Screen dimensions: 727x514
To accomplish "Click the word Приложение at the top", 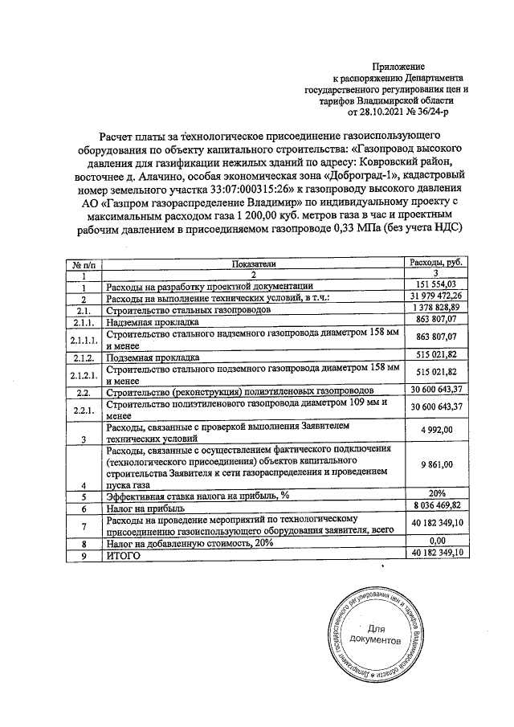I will pos(398,65).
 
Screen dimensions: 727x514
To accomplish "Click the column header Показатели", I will pos(253,263).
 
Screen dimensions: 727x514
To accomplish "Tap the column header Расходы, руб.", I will pos(437,263).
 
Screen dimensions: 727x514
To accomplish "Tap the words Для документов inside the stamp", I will pos(374,634).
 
